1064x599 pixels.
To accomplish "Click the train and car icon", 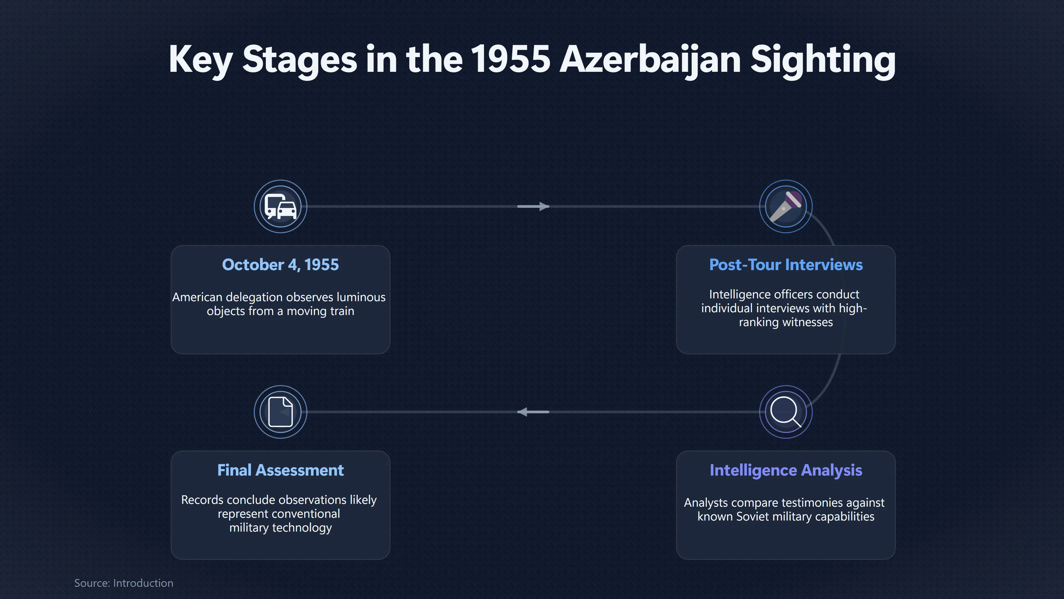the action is coord(280,206).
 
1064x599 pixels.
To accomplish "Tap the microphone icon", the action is coord(786,206).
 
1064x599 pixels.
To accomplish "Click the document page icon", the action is coord(280,412).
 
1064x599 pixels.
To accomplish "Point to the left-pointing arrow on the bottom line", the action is coord(533,412).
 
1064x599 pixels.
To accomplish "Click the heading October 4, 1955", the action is coord(280,265).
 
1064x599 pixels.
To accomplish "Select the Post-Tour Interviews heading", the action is coord(786,265).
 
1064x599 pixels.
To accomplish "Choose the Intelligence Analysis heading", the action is coord(786,470).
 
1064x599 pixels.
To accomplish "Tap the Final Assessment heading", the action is coord(280,470).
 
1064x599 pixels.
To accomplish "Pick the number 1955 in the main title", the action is coord(510,59).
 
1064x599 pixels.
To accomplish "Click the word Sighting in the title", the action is coord(823,61).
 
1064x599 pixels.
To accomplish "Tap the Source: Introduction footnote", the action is coord(124,583).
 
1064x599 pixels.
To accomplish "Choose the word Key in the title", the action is coord(201,60).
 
